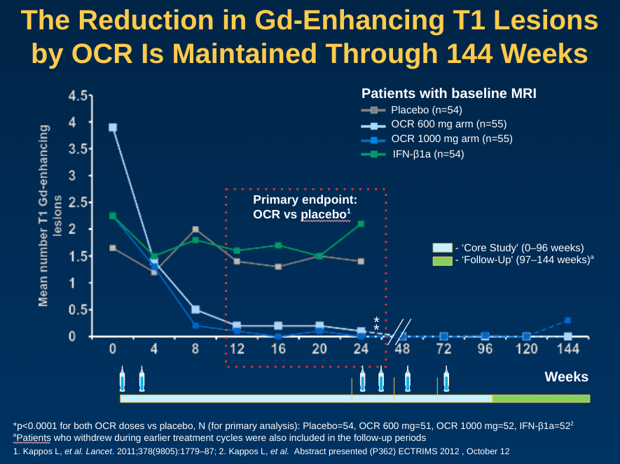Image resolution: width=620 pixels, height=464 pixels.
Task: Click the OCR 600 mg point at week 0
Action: pos(113,127)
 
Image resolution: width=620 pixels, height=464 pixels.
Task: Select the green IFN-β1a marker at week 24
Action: pos(361,224)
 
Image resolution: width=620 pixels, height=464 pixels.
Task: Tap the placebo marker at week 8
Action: pos(195,229)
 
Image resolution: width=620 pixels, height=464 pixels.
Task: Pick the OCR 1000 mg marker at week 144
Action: pos(567,321)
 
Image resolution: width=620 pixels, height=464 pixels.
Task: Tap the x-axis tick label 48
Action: pos(403,349)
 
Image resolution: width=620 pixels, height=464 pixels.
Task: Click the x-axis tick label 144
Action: pos(567,349)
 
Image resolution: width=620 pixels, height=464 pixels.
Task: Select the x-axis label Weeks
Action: pos(566,377)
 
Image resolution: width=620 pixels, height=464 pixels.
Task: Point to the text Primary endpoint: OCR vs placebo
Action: pos(301,206)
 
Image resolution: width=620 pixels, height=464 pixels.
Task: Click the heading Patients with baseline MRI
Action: pos(448,93)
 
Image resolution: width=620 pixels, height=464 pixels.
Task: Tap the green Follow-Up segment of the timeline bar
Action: pos(541,398)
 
